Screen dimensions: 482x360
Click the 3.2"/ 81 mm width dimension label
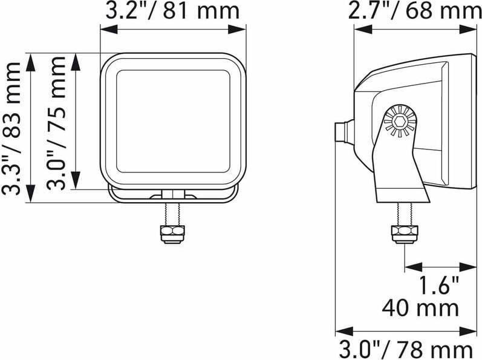[x=172, y=11]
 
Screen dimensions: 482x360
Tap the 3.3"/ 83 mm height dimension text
[x=11, y=128]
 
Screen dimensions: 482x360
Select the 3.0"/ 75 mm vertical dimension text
[x=56, y=123]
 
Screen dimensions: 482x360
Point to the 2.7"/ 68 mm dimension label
[x=415, y=11]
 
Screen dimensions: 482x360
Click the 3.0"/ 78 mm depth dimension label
[x=406, y=350]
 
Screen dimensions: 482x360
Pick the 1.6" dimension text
[x=438, y=286]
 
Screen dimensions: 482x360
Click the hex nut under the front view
[x=172, y=234]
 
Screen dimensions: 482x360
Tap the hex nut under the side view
[x=404, y=234]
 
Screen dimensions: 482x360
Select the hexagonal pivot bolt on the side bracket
[x=400, y=122]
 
